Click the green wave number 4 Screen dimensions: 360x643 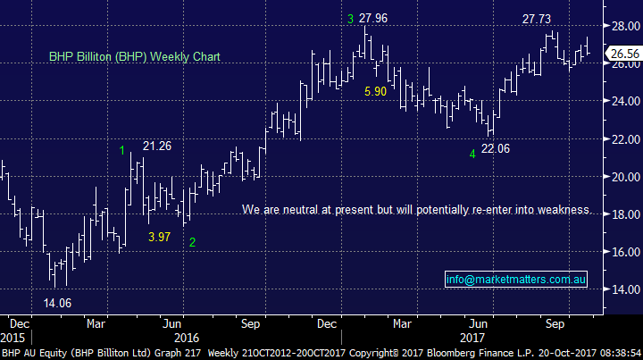(472, 154)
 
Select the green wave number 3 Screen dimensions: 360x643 (351, 19)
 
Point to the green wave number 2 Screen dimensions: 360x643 (192, 242)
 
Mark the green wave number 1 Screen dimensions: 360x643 (122, 150)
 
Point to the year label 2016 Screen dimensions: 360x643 (186, 338)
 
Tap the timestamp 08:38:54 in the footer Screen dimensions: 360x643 (616, 353)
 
